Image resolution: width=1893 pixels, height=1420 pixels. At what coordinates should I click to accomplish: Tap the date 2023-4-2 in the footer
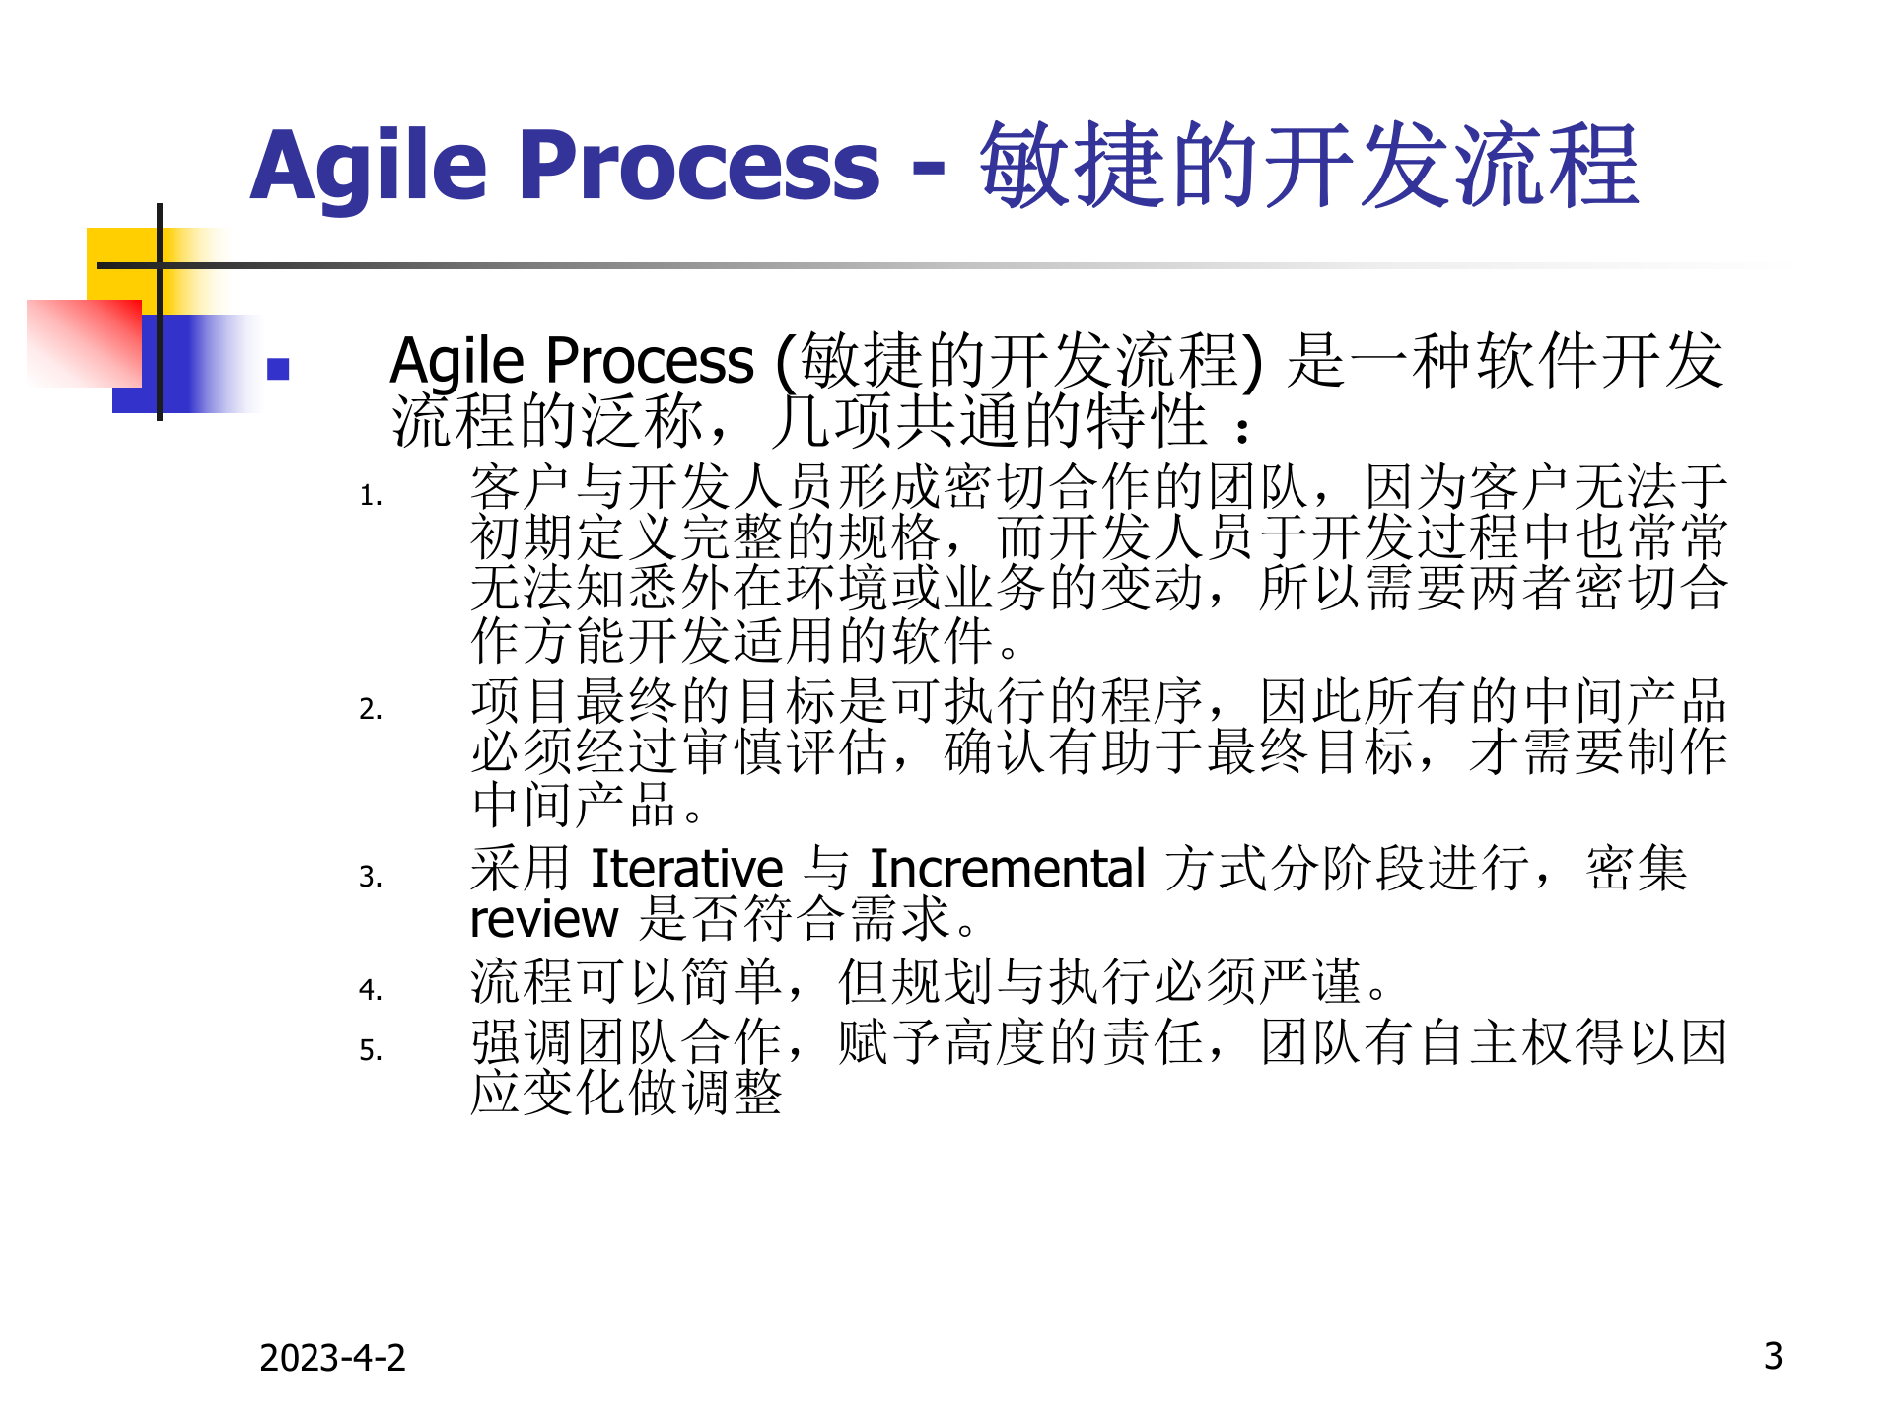pyautogui.click(x=332, y=1358)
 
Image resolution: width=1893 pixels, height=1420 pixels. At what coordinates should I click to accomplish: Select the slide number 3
pyautogui.click(x=1773, y=1356)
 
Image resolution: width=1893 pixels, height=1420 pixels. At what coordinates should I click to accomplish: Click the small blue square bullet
pyautogui.click(x=278, y=369)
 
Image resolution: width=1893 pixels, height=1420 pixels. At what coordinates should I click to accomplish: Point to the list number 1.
pyautogui.click(x=371, y=495)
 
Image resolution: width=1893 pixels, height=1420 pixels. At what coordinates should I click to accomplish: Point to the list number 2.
pyautogui.click(x=371, y=709)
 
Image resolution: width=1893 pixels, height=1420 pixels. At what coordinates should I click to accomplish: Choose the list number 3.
pyautogui.click(x=371, y=877)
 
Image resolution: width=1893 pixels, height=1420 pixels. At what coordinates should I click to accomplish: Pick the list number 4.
pyautogui.click(x=371, y=989)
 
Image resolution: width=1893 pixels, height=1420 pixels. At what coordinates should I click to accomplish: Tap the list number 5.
pyautogui.click(x=371, y=1050)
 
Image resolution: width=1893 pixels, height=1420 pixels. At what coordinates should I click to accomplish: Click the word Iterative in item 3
pyautogui.click(x=686, y=869)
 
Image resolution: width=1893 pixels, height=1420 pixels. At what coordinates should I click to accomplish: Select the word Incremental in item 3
pyautogui.click(x=1007, y=869)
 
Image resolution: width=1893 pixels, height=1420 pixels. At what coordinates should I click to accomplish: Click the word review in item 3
pyautogui.click(x=543, y=921)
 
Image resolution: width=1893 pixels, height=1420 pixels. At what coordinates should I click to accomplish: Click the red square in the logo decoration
pyautogui.click(x=85, y=343)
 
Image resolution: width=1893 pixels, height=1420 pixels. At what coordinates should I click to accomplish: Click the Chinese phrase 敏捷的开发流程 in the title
pyautogui.click(x=1308, y=166)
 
